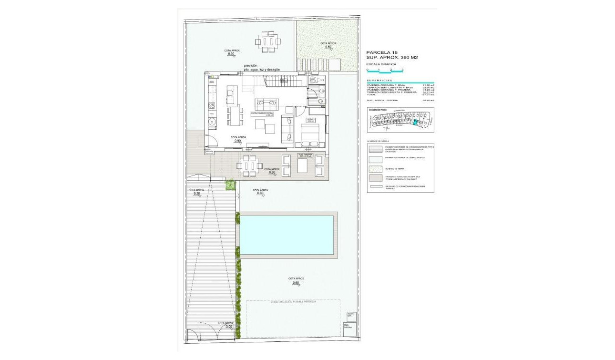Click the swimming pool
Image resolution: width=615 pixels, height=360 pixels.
[287, 235]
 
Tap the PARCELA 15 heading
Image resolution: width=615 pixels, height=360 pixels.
[381, 52]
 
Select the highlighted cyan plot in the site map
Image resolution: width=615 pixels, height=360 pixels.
[415, 122]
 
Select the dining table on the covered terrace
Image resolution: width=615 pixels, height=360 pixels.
[250, 165]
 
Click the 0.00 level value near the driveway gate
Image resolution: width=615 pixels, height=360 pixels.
[229, 327]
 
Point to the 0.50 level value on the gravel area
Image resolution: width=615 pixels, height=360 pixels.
[328, 47]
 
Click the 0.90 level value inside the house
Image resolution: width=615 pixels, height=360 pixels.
[237, 141]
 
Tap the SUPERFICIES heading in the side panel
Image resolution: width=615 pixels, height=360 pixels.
[380, 81]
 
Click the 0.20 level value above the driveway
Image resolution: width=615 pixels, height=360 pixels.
[197, 194]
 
